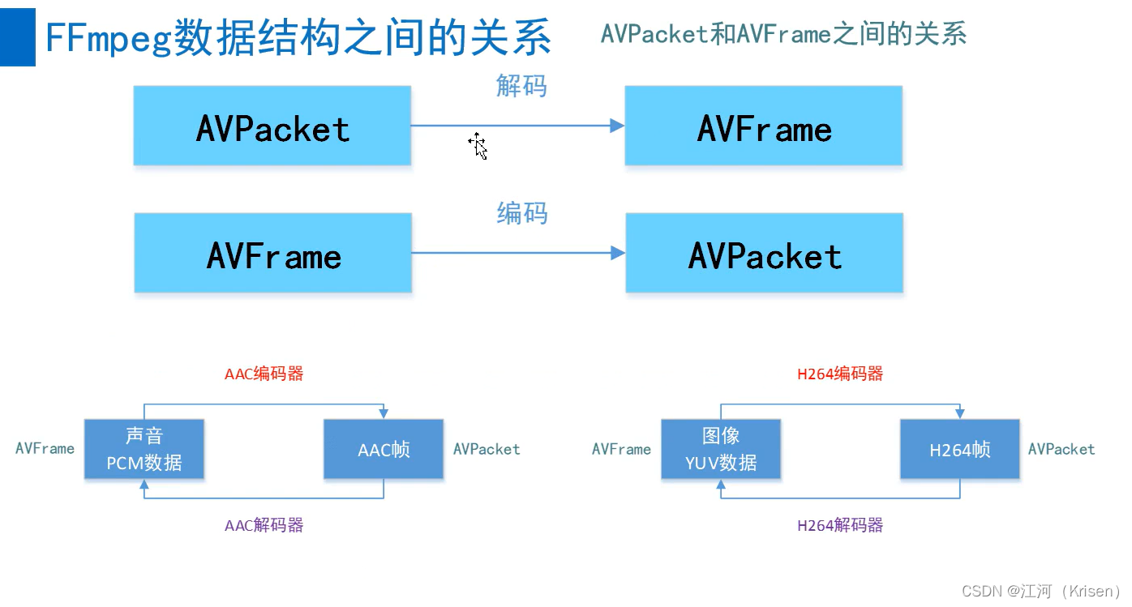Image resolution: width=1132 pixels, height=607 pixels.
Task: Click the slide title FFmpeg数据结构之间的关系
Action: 298,38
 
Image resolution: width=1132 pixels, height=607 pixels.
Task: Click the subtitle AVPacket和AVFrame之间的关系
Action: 783,34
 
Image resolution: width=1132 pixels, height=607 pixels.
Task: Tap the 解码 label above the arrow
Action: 521,85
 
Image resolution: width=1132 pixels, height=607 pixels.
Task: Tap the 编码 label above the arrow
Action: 521,213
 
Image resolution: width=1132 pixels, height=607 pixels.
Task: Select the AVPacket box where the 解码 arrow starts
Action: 272,126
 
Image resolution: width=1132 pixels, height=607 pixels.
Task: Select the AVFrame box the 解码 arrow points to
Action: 763,126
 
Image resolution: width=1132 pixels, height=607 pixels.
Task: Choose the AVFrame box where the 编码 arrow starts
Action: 273,254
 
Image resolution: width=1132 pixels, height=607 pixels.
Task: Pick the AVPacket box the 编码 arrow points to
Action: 764,254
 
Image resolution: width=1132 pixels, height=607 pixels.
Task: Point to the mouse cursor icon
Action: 478,146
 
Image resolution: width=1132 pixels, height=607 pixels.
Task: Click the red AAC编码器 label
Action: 264,374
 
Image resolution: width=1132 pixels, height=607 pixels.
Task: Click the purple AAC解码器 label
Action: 264,525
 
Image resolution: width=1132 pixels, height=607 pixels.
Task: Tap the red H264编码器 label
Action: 840,374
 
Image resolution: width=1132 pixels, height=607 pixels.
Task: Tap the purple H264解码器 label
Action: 840,525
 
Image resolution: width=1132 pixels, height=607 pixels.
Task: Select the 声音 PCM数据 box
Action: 144,449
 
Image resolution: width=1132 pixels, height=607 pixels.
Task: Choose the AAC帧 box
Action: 384,449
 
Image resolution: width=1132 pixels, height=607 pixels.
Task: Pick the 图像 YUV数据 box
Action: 721,449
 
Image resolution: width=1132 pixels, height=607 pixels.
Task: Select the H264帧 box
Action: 960,449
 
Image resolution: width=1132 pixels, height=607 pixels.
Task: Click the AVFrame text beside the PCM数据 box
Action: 45,448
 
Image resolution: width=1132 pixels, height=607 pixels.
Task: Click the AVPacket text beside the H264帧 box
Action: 1061,449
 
